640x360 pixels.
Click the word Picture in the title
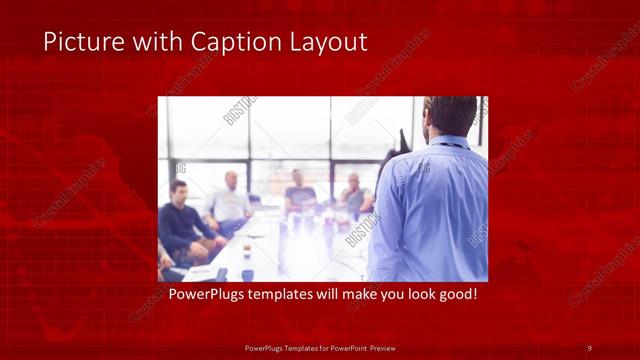point(77,42)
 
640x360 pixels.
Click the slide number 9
point(589,347)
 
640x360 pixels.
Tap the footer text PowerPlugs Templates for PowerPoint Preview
point(320,347)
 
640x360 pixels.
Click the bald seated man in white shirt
point(231,200)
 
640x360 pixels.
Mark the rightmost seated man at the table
point(354,194)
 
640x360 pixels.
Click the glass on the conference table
point(247,248)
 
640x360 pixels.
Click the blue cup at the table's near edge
point(247,275)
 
